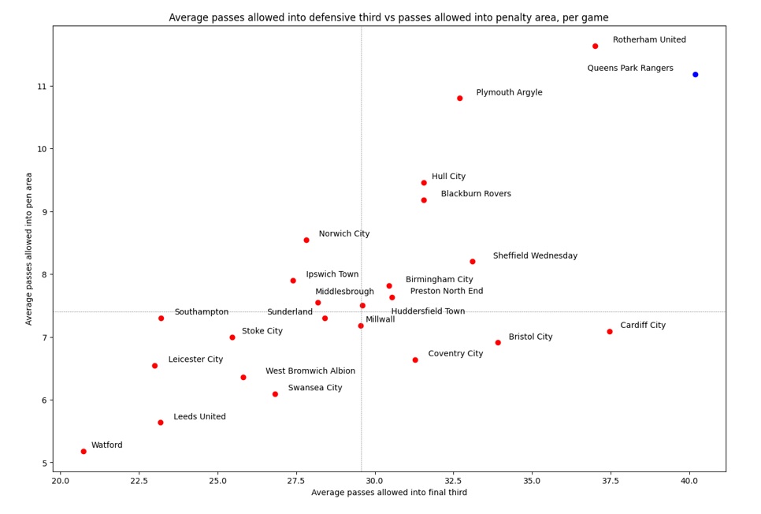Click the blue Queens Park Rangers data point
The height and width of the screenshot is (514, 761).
click(x=695, y=75)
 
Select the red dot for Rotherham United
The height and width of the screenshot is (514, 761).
click(x=595, y=47)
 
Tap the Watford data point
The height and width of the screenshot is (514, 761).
click(x=84, y=452)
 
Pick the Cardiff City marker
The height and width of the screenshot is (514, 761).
click(x=609, y=332)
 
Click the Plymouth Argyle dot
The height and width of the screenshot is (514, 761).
click(x=459, y=99)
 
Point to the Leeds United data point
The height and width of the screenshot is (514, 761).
click(x=160, y=423)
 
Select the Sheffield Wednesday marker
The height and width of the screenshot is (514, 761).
click(x=472, y=262)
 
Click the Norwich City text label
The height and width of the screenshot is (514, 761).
click(x=343, y=234)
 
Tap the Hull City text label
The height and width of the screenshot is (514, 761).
click(x=448, y=177)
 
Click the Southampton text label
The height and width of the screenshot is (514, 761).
click(x=201, y=312)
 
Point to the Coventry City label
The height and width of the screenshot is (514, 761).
click(x=455, y=354)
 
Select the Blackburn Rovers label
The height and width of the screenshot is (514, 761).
click(x=475, y=194)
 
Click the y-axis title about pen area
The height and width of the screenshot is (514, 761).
click(x=30, y=248)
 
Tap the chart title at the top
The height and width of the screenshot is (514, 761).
click(x=388, y=17)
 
